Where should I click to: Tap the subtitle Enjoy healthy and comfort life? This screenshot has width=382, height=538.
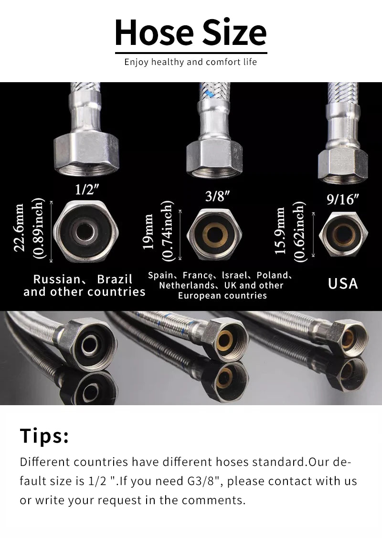(191, 62)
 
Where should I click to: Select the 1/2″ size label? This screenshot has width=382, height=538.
(86, 190)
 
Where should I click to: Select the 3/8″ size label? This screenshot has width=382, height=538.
(217, 196)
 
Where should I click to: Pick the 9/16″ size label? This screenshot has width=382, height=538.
(342, 199)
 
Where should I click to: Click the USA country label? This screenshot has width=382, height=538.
(342, 283)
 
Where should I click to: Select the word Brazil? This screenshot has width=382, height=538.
(115, 279)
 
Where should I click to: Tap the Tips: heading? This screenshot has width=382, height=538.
(44, 436)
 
